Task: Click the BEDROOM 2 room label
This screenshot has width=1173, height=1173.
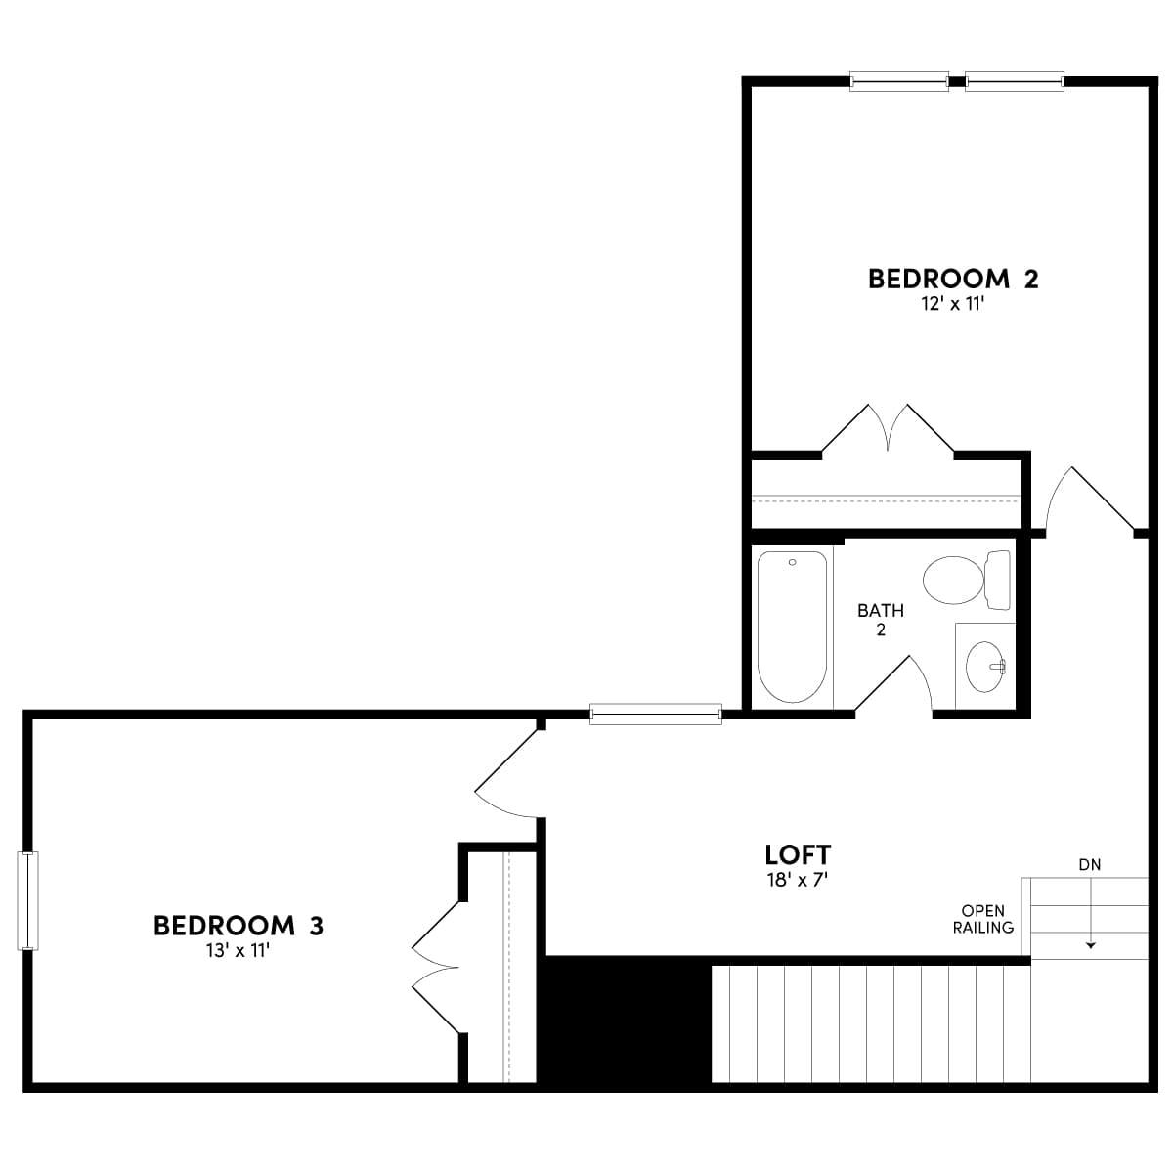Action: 953,279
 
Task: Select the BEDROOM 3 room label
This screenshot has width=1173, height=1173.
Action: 239,925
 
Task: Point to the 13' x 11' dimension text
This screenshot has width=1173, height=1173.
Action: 239,949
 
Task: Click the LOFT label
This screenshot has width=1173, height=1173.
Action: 798,854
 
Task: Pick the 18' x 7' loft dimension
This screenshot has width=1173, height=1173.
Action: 798,879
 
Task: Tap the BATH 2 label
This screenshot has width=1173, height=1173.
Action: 881,620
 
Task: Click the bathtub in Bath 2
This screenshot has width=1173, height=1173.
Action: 793,627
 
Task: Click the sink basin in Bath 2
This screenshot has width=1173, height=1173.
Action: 984,667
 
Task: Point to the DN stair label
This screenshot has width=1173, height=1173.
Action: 1090,864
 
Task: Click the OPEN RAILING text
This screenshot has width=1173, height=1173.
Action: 983,919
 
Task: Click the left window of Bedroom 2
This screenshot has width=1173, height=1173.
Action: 899,82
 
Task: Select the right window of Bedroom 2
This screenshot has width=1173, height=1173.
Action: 1015,82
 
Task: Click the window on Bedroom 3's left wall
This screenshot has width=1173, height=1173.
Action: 28,900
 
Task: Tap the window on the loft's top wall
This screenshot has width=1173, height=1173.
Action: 656,715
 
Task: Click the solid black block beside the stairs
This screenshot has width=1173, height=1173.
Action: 626,1019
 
